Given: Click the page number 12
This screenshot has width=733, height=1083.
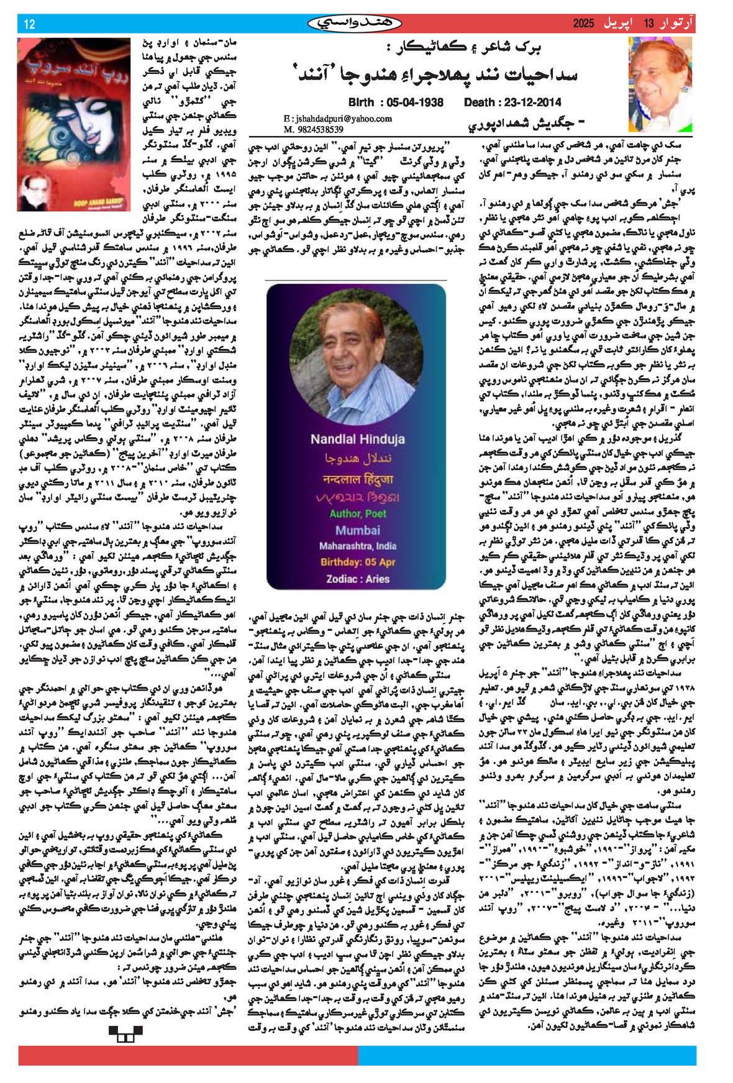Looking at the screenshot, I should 29,24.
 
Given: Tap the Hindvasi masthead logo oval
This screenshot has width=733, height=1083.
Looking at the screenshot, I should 355,24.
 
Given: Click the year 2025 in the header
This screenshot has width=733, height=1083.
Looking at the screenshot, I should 583,24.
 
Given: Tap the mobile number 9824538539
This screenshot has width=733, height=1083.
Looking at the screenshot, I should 313,129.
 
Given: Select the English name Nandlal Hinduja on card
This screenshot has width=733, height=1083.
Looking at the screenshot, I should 357,439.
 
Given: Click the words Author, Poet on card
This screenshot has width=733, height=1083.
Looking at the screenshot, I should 357,514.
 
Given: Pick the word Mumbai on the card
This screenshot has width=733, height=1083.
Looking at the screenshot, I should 357,530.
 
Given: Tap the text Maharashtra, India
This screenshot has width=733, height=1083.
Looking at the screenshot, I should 357,546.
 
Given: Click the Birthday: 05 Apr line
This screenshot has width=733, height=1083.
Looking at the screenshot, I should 357,562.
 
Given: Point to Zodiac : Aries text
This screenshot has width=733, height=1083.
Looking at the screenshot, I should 357,579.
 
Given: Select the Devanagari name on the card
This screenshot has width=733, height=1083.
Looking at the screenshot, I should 357,479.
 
